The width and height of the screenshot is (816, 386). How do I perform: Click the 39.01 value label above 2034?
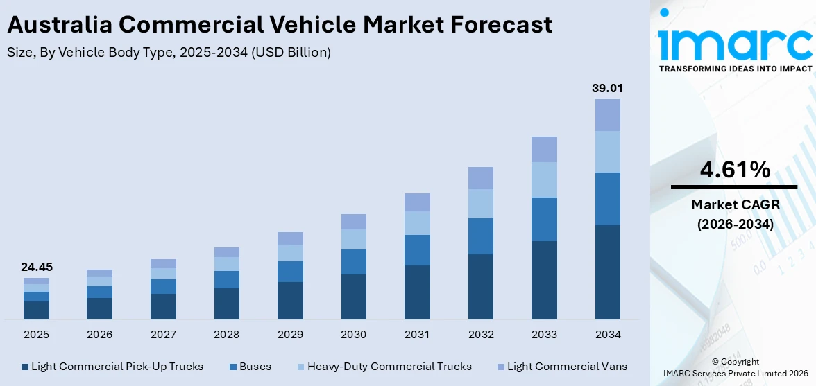tap(606, 89)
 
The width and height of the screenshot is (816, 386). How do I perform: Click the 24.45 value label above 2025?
tap(36, 267)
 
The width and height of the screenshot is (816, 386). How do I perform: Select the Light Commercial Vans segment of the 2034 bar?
tap(607, 115)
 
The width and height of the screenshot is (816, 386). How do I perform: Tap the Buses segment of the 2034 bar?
tap(607, 199)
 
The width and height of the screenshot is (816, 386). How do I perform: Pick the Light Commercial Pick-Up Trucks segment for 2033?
tap(544, 280)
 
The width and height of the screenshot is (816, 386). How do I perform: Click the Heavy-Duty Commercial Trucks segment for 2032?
tap(480, 204)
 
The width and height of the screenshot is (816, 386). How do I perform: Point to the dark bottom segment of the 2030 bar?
tap(353, 297)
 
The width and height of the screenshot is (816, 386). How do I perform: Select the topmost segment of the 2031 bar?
tap(417, 202)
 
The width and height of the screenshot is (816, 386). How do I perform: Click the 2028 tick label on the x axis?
tap(226, 335)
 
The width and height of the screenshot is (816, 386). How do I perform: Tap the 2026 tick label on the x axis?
tap(99, 335)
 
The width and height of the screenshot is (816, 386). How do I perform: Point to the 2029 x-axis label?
tap(290, 335)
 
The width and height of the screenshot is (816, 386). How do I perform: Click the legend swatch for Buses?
tap(233, 367)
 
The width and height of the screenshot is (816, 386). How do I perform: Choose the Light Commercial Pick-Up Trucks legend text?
tap(117, 367)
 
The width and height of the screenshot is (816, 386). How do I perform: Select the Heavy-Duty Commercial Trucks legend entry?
tap(389, 367)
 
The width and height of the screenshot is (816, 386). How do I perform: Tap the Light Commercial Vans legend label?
tap(567, 367)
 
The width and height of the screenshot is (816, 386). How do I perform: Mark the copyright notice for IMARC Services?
tap(735, 367)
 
